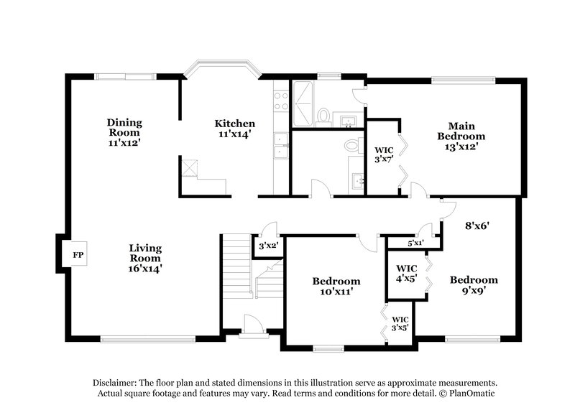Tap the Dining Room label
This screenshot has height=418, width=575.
click(x=124, y=132)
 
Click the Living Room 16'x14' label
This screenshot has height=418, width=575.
click(x=145, y=258)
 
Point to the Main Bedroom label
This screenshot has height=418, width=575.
click(x=461, y=136)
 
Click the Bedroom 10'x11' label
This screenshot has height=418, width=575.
click(x=336, y=286)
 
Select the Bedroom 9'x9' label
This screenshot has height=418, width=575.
click(x=474, y=284)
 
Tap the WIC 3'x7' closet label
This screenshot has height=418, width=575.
click(x=384, y=156)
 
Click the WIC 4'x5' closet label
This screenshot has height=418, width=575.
click(x=407, y=274)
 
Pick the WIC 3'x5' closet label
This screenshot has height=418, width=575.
click(x=400, y=323)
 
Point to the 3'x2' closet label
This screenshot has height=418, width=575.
click(x=267, y=246)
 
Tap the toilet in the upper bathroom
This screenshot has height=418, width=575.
click(x=324, y=116)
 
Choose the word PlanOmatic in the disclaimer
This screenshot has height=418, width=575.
click(x=471, y=394)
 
